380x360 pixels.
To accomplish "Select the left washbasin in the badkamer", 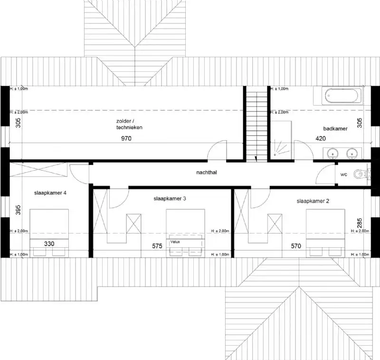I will pyautogui.click(x=332, y=153).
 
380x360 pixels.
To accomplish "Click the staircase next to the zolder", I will pyautogui.click(x=256, y=124).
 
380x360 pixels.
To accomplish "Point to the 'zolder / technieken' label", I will pyautogui.click(x=129, y=124).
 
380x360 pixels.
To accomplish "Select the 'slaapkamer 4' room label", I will pyautogui.click(x=50, y=193).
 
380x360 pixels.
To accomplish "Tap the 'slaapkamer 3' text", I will pyautogui.click(x=169, y=198).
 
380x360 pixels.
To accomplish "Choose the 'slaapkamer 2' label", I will pyautogui.click(x=313, y=201).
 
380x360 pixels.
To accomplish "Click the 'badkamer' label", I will pyautogui.click(x=335, y=128).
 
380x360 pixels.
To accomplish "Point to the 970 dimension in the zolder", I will pyautogui.click(x=125, y=138).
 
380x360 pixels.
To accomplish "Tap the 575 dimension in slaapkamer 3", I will pyautogui.click(x=157, y=246).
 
